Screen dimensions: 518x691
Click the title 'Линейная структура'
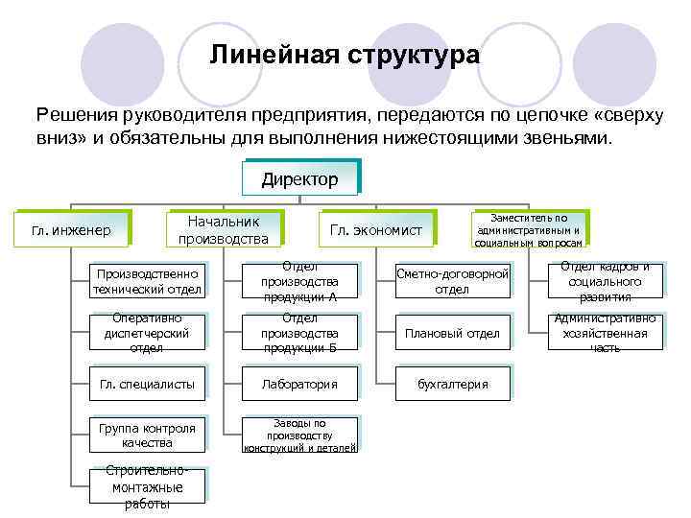click(345, 55)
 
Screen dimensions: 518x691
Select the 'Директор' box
click(299, 179)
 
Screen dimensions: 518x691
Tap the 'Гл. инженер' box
click(72, 230)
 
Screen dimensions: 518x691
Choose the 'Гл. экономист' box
click(375, 230)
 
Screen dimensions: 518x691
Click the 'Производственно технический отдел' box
click(147, 282)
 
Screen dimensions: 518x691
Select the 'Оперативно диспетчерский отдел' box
click(147, 333)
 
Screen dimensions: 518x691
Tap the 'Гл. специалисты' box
click(147, 384)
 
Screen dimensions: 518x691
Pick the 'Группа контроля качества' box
click(147, 436)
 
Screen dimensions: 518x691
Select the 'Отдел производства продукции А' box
click(299, 282)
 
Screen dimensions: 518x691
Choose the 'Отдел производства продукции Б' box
click(299, 333)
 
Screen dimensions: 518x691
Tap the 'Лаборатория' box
click(299, 384)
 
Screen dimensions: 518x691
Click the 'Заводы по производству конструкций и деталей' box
click(299, 436)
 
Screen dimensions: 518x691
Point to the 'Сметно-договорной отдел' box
click(452, 282)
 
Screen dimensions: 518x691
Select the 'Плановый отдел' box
click(452, 333)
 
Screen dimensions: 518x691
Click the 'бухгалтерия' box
click(452, 384)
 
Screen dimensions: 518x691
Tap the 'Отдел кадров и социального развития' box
click(606, 282)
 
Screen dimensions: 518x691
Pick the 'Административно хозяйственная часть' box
click(606, 333)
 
